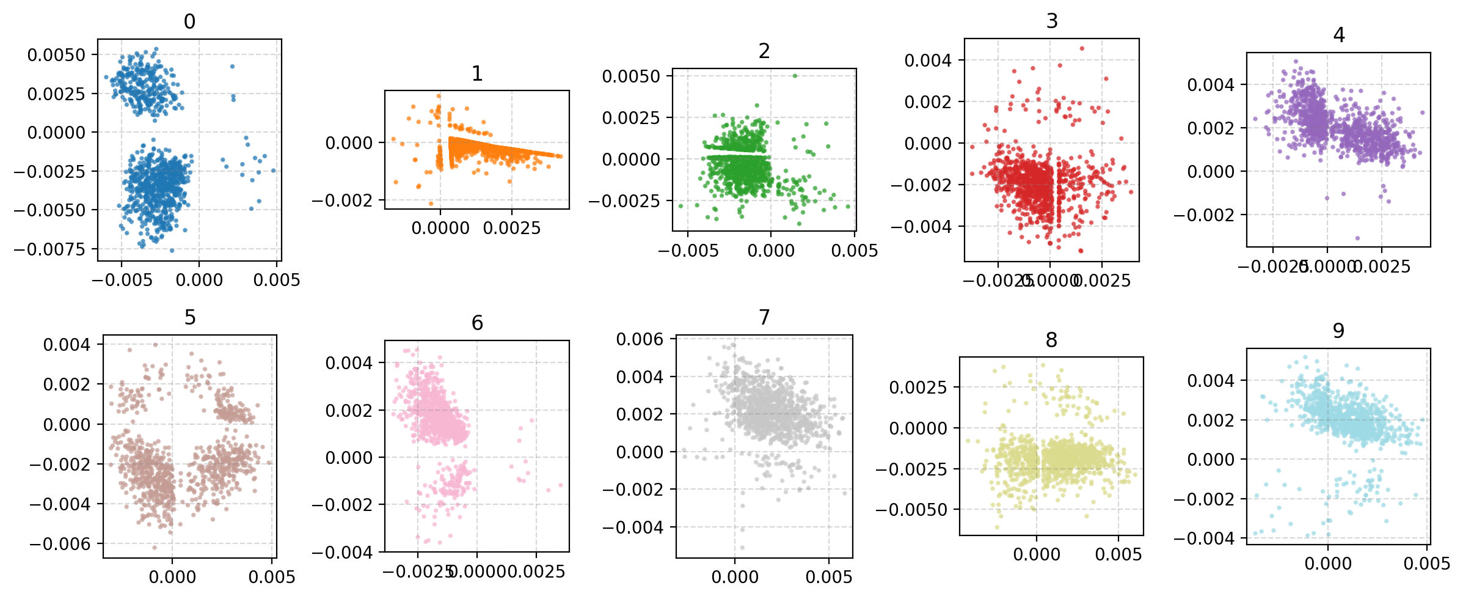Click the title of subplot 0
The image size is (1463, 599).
pyautogui.click(x=189, y=22)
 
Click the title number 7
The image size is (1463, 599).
pyautogui.click(x=764, y=318)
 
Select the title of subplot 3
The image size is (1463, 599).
pyautogui.click(x=1051, y=21)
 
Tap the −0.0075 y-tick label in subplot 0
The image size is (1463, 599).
pyautogui.click(x=49, y=249)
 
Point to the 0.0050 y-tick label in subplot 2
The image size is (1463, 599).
pyautogui.click(x=630, y=76)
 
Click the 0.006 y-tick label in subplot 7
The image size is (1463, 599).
pyautogui.click(x=639, y=339)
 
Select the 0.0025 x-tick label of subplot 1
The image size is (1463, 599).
pyautogui.click(x=511, y=229)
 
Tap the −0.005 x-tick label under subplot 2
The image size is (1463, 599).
pyautogui.click(x=688, y=251)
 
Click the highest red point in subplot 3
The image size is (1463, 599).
pyautogui.click(x=1081, y=48)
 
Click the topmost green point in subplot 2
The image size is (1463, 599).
pyautogui.click(x=795, y=76)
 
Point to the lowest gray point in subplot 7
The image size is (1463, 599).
pyautogui.click(x=742, y=548)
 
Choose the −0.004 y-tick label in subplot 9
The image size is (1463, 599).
pyautogui.click(x=1203, y=538)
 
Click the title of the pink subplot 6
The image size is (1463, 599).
pyautogui.click(x=477, y=323)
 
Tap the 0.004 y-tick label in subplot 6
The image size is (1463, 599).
pyautogui.click(x=348, y=363)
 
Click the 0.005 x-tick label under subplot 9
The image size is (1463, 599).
pyautogui.click(x=1426, y=564)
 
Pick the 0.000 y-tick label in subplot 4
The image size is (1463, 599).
pyautogui.click(x=1210, y=172)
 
